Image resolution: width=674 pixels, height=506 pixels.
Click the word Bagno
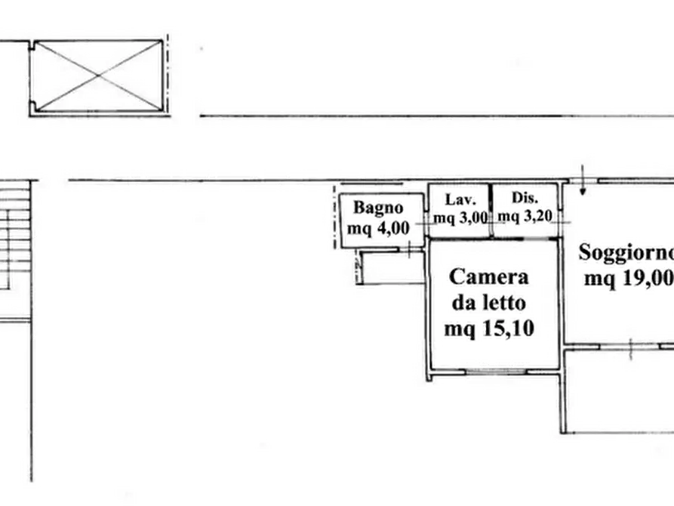pos(378,208)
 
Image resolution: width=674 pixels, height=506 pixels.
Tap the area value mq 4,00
pos(378,228)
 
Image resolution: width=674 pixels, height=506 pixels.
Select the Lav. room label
pos(460,199)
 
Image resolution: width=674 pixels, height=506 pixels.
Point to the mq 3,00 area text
pos(460,218)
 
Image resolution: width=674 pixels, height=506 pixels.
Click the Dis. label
pos(525,198)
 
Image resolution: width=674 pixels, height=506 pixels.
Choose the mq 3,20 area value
pos(525,215)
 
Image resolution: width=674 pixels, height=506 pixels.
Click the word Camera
pos(489,276)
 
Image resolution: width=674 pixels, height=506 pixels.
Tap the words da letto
pos(489,303)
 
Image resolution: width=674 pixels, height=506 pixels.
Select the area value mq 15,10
pos(489,329)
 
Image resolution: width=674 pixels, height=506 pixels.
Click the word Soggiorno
pos(626,252)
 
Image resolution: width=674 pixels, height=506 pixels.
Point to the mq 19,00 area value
pos(629,279)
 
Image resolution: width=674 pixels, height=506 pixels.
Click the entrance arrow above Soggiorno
pos(583,180)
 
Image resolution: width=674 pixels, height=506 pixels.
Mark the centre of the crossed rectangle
pos(98,76)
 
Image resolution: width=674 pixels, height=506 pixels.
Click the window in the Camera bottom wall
pos(497,371)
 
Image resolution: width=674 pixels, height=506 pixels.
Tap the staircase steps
pos(15,235)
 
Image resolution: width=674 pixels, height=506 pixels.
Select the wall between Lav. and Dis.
pos(491,211)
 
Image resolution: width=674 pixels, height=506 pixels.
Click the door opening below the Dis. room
pos(540,239)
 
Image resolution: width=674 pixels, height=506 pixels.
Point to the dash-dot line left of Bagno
pos(335,217)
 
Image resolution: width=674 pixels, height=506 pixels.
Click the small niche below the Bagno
pos(391,267)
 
